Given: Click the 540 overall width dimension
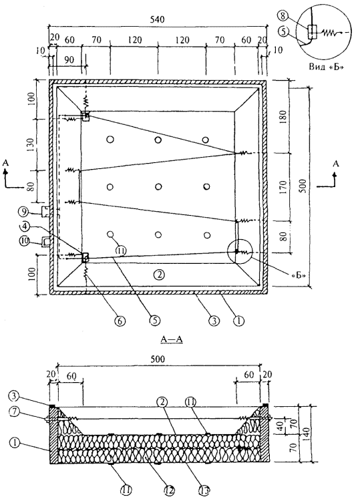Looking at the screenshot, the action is (x=157, y=19).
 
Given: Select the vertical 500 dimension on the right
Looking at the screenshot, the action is (x=303, y=186).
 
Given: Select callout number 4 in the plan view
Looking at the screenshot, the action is (x=25, y=227).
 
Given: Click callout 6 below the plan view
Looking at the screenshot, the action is (x=120, y=321).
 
